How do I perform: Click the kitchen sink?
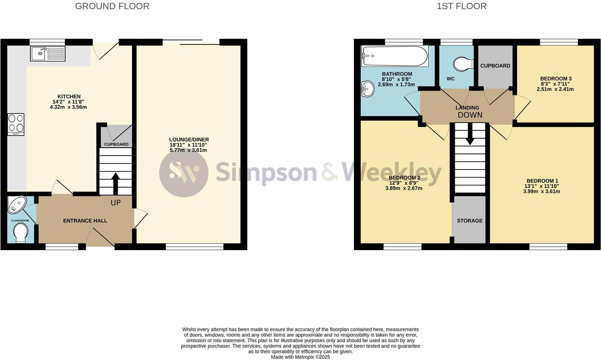(x=48, y=54)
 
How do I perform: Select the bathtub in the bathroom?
(x=394, y=56)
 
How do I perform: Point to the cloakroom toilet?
(x=21, y=233)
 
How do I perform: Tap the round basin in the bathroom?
(x=367, y=88)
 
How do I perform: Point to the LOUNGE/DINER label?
(x=189, y=140)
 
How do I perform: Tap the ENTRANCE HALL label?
(x=85, y=221)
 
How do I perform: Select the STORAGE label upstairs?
(x=470, y=221)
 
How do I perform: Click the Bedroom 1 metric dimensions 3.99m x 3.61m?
(x=542, y=192)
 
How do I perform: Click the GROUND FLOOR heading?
(x=112, y=6)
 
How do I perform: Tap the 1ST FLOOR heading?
(x=461, y=6)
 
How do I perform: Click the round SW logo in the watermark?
(x=183, y=172)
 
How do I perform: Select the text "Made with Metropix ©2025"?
(x=300, y=357)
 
